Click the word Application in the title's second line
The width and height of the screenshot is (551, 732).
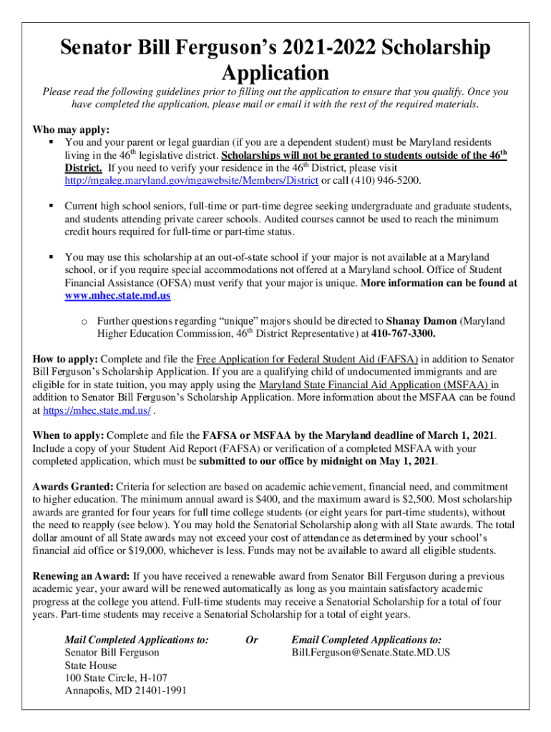275,72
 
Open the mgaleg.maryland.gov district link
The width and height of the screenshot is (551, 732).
191,180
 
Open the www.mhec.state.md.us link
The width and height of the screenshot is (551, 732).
117,295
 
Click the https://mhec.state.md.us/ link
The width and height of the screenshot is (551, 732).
97,411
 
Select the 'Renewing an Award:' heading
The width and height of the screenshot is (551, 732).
82,576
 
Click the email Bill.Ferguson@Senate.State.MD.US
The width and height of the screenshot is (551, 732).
371,653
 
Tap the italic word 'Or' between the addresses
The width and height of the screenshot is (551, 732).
251,640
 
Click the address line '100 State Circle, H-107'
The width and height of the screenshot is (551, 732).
116,678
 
